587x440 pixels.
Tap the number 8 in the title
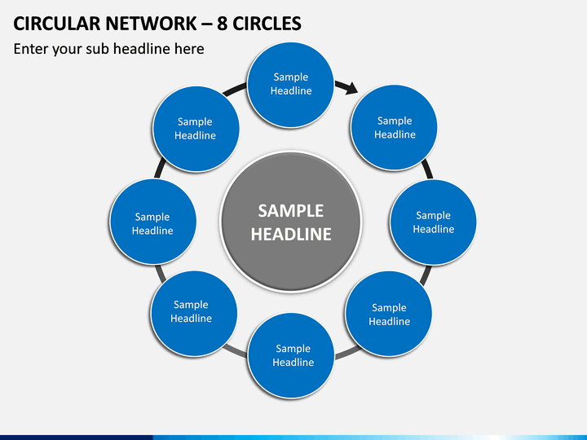click(x=222, y=23)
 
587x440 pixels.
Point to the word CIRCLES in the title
click(x=267, y=23)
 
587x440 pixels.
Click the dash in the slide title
click(x=206, y=24)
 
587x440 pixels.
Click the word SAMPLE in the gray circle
click(x=291, y=211)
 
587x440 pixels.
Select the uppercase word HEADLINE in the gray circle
click(x=291, y=235)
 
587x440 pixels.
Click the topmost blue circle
click(x=290, y=85)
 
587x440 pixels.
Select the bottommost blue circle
click(x=291, y=356)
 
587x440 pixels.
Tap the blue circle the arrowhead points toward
click(x=394, y=128)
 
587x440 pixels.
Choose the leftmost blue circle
click(x=153, y=222)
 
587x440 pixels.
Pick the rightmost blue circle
click(x=433, y=222)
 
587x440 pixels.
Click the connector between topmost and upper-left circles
click(x=234, y=90)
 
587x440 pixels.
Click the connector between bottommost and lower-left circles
click(x=235, y=351)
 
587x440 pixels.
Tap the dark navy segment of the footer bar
click(x=77, y=438)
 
